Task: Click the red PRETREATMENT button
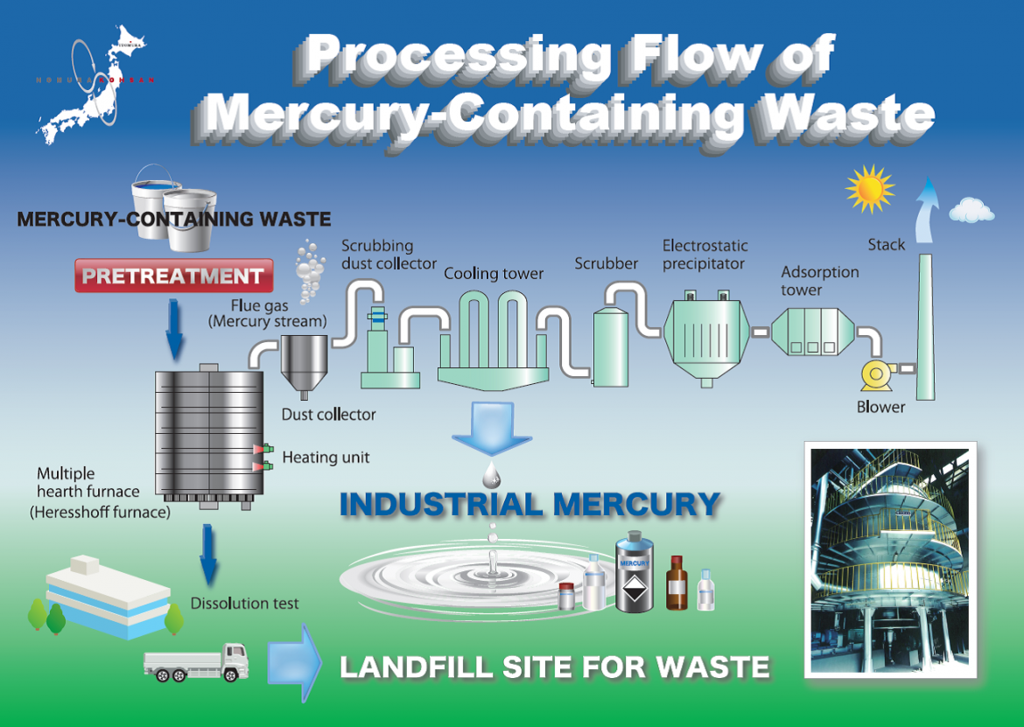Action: click(173, 276)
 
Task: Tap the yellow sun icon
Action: click(869, 189)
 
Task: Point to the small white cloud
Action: click(971, 210)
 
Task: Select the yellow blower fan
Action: click(874, 374)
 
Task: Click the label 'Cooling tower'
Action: click(494, 274)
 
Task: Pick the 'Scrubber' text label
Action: click(607, 262)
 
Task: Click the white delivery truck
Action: click(195, 661)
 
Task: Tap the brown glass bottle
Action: click(677, 584)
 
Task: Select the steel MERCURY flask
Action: click(635, 574)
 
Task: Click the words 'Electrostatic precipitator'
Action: click(705, 255)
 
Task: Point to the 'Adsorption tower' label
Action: click(820, 281)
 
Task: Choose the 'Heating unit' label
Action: click(326, 458)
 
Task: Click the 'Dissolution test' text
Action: click(245, 604)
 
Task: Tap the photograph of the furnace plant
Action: click(890, 559)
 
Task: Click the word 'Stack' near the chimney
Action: click(886, 245)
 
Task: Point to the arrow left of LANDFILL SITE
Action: click(294, 661)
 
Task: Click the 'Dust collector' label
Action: click(328, 415)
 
